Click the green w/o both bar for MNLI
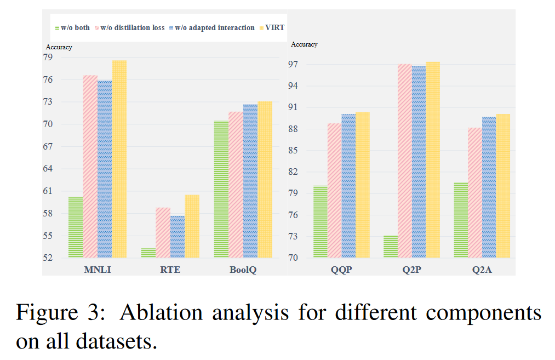coord(76,227)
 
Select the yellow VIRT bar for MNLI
coord(119,159)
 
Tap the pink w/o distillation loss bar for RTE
coord(163,232)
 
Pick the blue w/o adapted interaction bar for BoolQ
coord(250,181)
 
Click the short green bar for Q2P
coord(391,247)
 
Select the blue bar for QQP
coord(348,186)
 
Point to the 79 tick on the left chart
coord(48,58)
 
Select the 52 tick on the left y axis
coord(48,258)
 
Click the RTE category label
coord(170,270)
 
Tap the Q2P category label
coord(412,270)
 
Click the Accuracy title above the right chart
coord(304,44)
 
